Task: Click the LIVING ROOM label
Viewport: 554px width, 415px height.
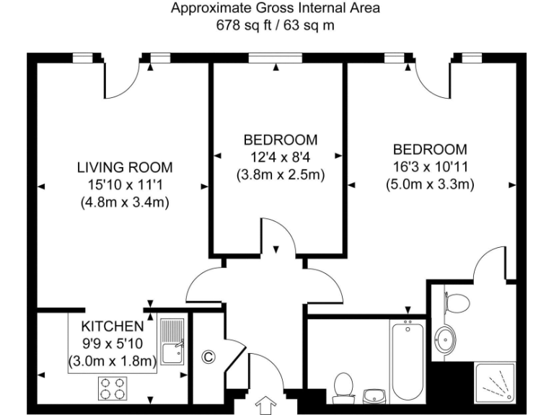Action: click(x=125, y=168)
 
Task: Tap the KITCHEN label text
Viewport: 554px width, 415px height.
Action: click(x=112, y=326)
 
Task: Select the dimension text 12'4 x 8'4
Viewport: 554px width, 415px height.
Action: click(x=279, y=156)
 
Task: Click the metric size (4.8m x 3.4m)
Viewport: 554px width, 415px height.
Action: click(x=125, y=202)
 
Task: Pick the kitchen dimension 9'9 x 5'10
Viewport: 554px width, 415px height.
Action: click(x=112, y=344)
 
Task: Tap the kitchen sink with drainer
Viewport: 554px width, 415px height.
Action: click(x=172, y=343)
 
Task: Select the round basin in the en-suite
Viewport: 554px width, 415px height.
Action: click(x=446, y=337)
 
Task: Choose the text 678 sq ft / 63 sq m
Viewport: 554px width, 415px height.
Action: click(x=276, y=26)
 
